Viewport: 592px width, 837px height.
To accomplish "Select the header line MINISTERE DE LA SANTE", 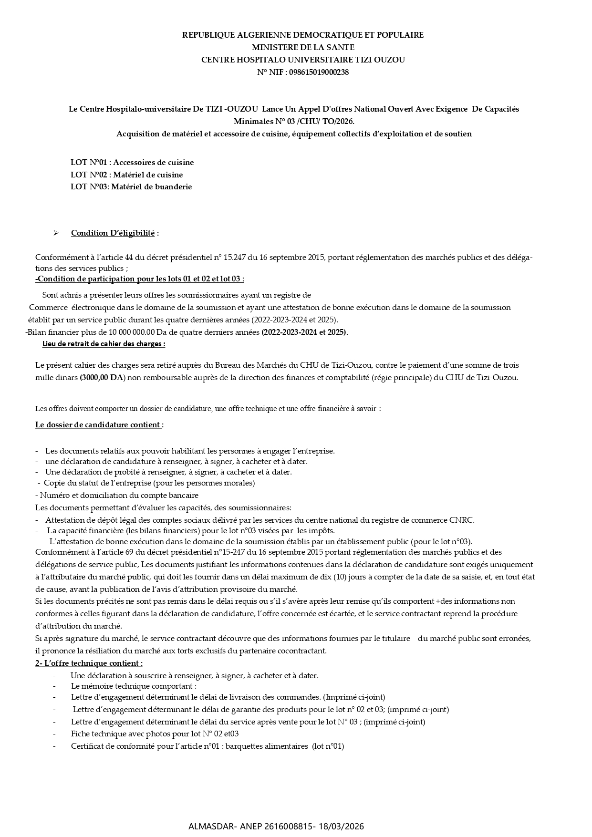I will tap(303, 47).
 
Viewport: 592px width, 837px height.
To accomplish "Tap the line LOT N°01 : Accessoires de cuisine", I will tap(132, 162).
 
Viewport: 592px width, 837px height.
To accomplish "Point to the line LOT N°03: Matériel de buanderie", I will tap(131, 186).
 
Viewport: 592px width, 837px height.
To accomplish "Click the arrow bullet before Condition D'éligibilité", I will tap(56, 233).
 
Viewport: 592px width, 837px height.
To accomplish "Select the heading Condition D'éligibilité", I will tap(113, 233).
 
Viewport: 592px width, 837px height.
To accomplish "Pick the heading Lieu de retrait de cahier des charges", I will tap(104, 343).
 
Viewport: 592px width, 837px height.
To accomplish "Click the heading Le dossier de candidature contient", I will tap(98, 424).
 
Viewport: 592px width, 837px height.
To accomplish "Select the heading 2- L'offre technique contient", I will tap(89, 663).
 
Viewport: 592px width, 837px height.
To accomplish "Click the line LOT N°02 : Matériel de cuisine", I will tap(126, 175).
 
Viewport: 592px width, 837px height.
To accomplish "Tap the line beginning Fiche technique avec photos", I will tap(155, 734).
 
